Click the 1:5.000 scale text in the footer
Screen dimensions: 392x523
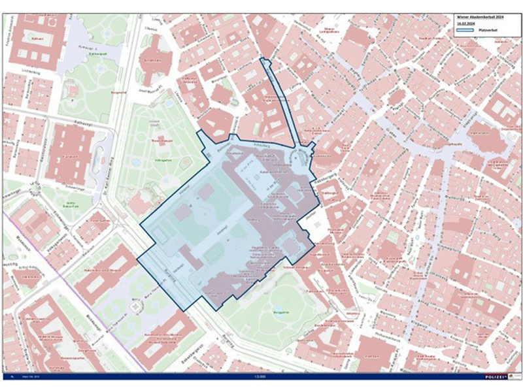point(261,378)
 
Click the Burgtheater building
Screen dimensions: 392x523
point(153,59)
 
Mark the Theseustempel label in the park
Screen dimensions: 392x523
point(152,140)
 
